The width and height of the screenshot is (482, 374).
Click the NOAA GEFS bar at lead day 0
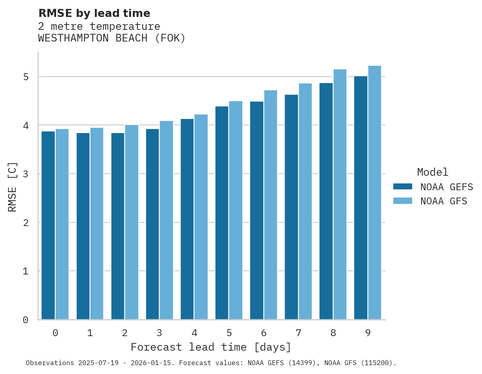coord(48,225)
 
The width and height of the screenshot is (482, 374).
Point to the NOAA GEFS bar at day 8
coord(326,201)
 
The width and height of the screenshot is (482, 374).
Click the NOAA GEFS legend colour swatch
coord(403,187)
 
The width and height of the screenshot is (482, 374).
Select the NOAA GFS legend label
coord(444,201)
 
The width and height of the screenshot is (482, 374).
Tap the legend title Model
coord(432,172)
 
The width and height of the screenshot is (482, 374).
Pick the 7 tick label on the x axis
coord(298,333)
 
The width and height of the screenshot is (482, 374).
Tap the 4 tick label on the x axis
coord(194,333)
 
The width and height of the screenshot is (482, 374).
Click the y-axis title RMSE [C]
coord(13,186)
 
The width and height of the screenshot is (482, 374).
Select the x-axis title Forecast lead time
coord(211,347)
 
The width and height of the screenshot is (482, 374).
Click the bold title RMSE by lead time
coord(94,13)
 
